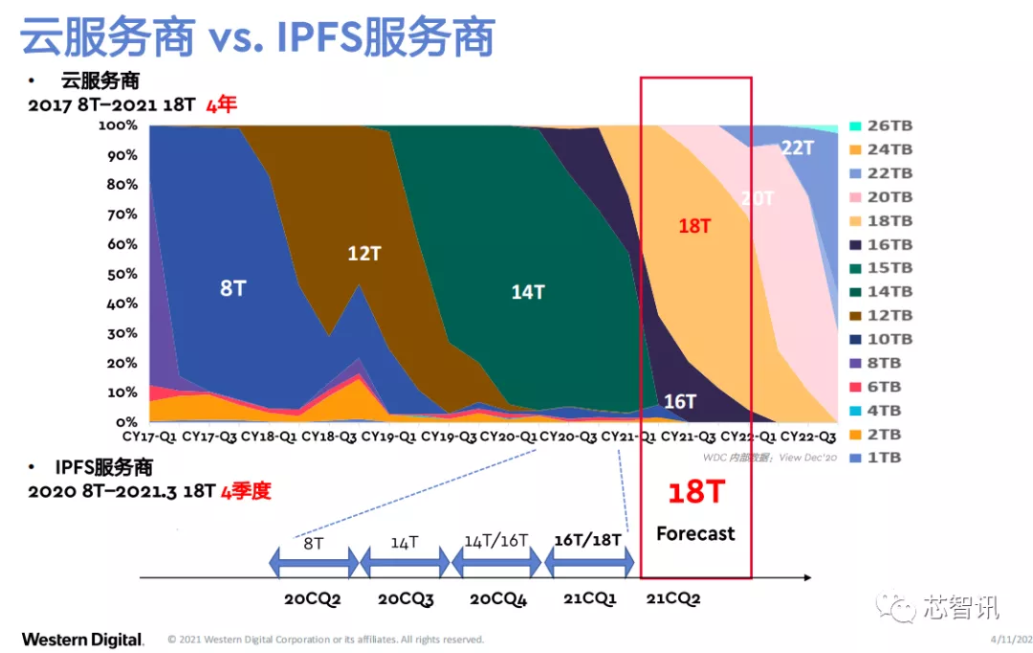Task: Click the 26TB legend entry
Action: tap(880, 126)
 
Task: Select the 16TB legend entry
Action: tap(880, 244)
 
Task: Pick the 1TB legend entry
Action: tap(880, 458)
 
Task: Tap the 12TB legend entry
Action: tap(880, 315)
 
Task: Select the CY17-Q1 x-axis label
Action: tap(149, 436)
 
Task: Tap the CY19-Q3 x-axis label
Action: tap(449, 436)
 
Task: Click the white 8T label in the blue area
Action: tap(232, 287)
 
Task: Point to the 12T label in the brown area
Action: tap(364, 254)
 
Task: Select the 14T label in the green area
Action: tap(527, 292)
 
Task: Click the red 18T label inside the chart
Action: tap(694, 226)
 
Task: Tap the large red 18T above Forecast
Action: tap(695, 492)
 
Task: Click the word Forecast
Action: tap(695, 533)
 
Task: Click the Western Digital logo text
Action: tap(82, 640)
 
